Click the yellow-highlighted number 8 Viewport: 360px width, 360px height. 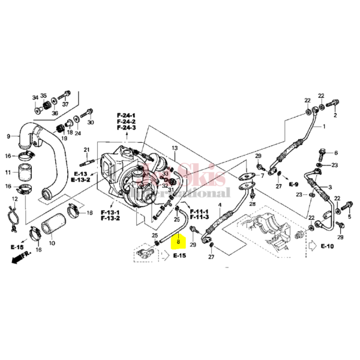point(178,244)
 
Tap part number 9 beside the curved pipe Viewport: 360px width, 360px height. point(8,136)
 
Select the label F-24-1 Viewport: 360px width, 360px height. point(126,115)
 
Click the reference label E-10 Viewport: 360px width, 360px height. point(327,246)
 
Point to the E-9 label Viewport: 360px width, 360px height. point(293,182)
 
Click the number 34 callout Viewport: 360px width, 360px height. point(35,97)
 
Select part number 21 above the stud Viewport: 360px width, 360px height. point(86,149)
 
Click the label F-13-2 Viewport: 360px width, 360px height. point(110,218)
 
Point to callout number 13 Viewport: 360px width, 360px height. point(175,148)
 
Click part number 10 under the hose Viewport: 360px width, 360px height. point(51,244)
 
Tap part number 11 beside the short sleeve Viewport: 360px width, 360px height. point(8,172)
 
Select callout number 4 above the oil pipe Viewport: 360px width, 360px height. point(220,205)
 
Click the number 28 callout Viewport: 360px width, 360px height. point(253,205)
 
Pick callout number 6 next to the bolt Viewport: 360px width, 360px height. point(335,153)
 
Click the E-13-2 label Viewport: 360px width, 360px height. point(80,179)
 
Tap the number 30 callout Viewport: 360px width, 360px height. point(91,122)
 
